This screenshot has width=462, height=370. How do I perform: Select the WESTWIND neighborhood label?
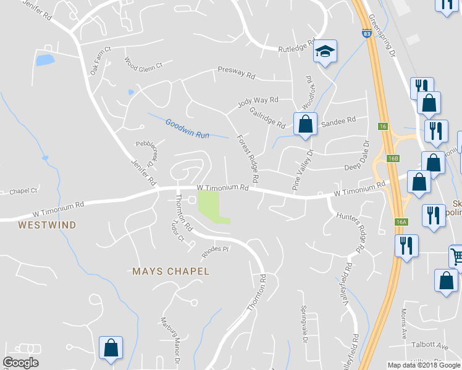[x=47, y=225]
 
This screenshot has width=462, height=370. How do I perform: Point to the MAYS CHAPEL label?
[x=171, y=271]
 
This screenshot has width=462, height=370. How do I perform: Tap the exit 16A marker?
[x=401, y=221]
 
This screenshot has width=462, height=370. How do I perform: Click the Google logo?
[x=20, y=363]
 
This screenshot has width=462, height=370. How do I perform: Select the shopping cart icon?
[x=457, y=255]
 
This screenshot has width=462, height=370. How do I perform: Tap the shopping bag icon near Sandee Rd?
[x=304, y=124]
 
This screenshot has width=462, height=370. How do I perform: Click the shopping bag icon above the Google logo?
[x=111, y=347]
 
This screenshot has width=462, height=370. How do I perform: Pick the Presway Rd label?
[x=237, y=73]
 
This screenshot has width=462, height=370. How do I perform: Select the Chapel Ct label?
[x=23, y=192]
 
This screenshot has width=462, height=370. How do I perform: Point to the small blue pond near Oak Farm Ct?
[x=44, y=60]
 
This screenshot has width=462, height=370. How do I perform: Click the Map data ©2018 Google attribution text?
[x=424, y=365]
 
